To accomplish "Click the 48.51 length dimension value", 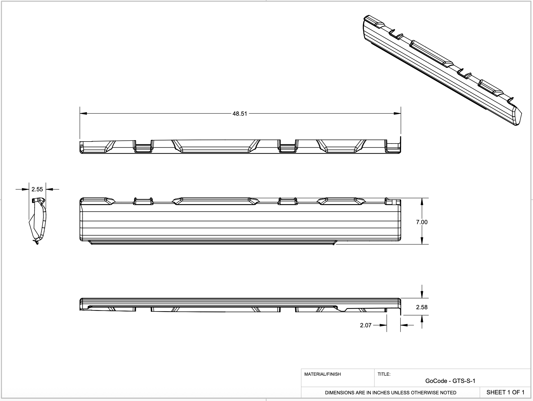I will point(240,114).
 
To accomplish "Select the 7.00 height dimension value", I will point(422,222).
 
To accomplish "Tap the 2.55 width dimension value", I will point(37,189).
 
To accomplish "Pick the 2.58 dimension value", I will point(422,307).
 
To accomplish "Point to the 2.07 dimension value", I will point(366,325).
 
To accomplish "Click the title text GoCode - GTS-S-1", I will point(450,381).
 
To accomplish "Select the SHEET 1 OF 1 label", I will point(505,392).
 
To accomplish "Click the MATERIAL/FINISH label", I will point(322,374).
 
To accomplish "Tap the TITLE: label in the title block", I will point(384,374).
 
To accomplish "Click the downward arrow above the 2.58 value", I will point(422,295).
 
